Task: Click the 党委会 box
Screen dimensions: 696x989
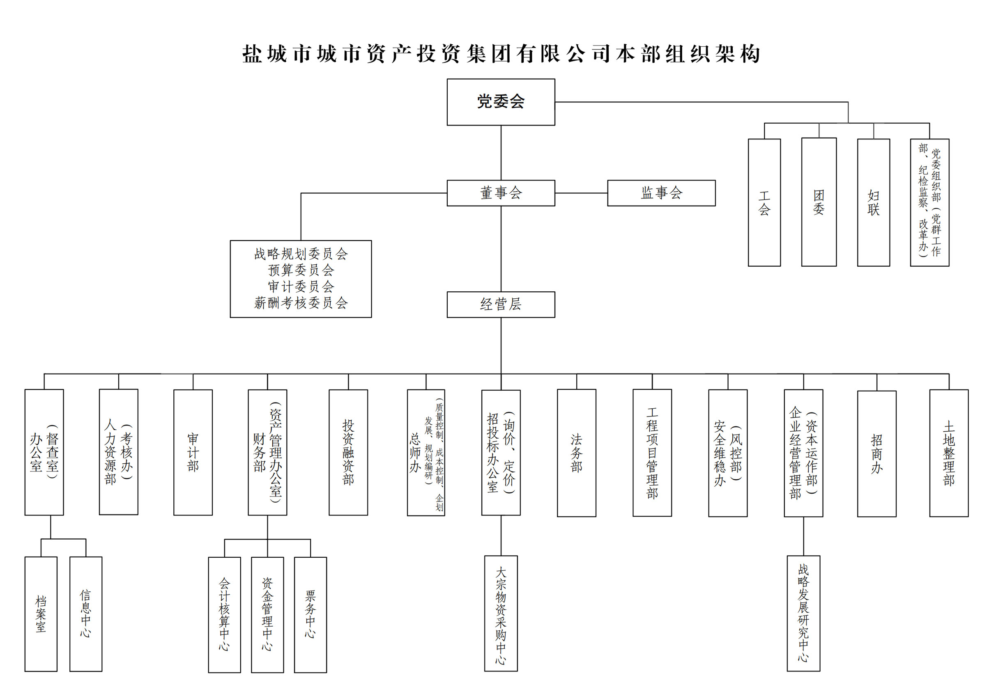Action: [x=501, y=102]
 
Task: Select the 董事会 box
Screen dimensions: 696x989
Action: [x=501, y=193]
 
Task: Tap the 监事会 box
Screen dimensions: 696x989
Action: [x=661, y=193]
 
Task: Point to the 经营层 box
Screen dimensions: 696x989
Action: [x=501, y=304]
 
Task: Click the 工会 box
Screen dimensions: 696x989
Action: [x=764, y=202]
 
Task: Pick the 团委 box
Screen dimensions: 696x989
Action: [x=819, y=202]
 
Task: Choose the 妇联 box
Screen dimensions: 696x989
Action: [x=873, y=202]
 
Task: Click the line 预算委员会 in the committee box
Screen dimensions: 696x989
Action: [x=301, y=270]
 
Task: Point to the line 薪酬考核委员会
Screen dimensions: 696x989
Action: [x=301, y=303]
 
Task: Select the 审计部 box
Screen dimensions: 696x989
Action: [x=193, y=452]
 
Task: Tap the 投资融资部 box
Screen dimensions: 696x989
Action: [x=348, y=452]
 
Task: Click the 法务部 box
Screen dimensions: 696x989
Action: [x=576, y=452]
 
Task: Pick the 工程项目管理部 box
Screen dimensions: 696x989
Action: [x=652, y=452]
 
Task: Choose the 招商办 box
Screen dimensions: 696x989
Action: [x=876, y=453]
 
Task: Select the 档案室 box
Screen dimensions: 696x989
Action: [x=41, y=614]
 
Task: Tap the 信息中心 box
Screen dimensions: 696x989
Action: [x=86, y=614]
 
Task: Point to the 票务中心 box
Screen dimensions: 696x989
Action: [x=310, y=615]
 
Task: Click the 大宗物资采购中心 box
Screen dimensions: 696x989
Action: [x=501, y=614]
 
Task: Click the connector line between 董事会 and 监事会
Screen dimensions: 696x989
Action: [x=581, y=193]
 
